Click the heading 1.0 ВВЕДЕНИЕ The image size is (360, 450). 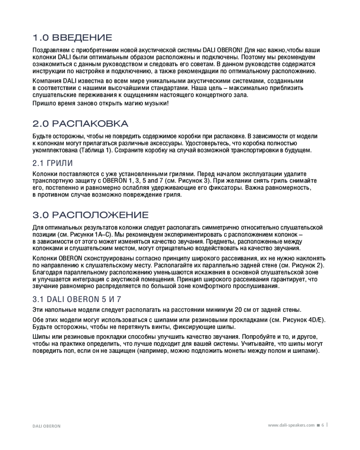72,37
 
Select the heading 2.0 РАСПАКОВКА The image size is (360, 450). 81,124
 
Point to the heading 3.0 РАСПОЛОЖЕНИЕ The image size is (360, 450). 90,215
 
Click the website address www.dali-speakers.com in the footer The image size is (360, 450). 291,425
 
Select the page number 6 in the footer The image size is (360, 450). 322,425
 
